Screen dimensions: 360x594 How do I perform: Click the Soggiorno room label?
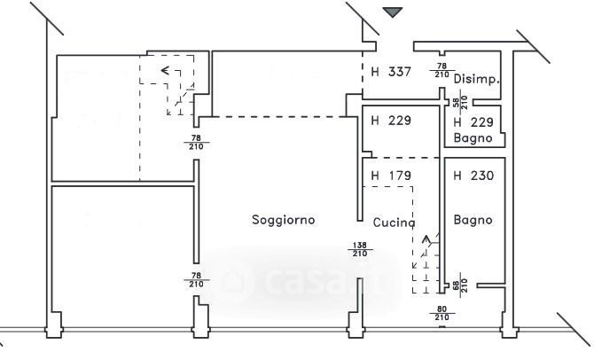tap(283, 219)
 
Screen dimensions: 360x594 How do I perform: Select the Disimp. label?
tap(477, 79)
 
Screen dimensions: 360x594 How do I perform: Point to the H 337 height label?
tap(390, 72)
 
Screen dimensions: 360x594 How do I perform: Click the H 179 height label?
tap(390, 176)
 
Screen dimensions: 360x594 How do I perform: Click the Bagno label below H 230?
tap(472, 219)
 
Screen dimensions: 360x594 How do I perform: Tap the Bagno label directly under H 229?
tap(473, 138)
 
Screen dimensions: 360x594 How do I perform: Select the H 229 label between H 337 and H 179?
tap(390, 121)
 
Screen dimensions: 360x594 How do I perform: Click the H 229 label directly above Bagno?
tap(473, 122)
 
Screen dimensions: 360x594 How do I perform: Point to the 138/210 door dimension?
tap(360, 250)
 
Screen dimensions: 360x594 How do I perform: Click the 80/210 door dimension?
tap(441, 313)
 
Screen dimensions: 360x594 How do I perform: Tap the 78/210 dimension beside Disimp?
tap(441, 70)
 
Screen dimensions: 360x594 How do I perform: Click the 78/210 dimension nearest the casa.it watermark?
tap(195, 280)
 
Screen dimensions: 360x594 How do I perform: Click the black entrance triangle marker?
tap(393, 12)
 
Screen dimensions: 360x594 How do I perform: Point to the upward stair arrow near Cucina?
tap(427, 239)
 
